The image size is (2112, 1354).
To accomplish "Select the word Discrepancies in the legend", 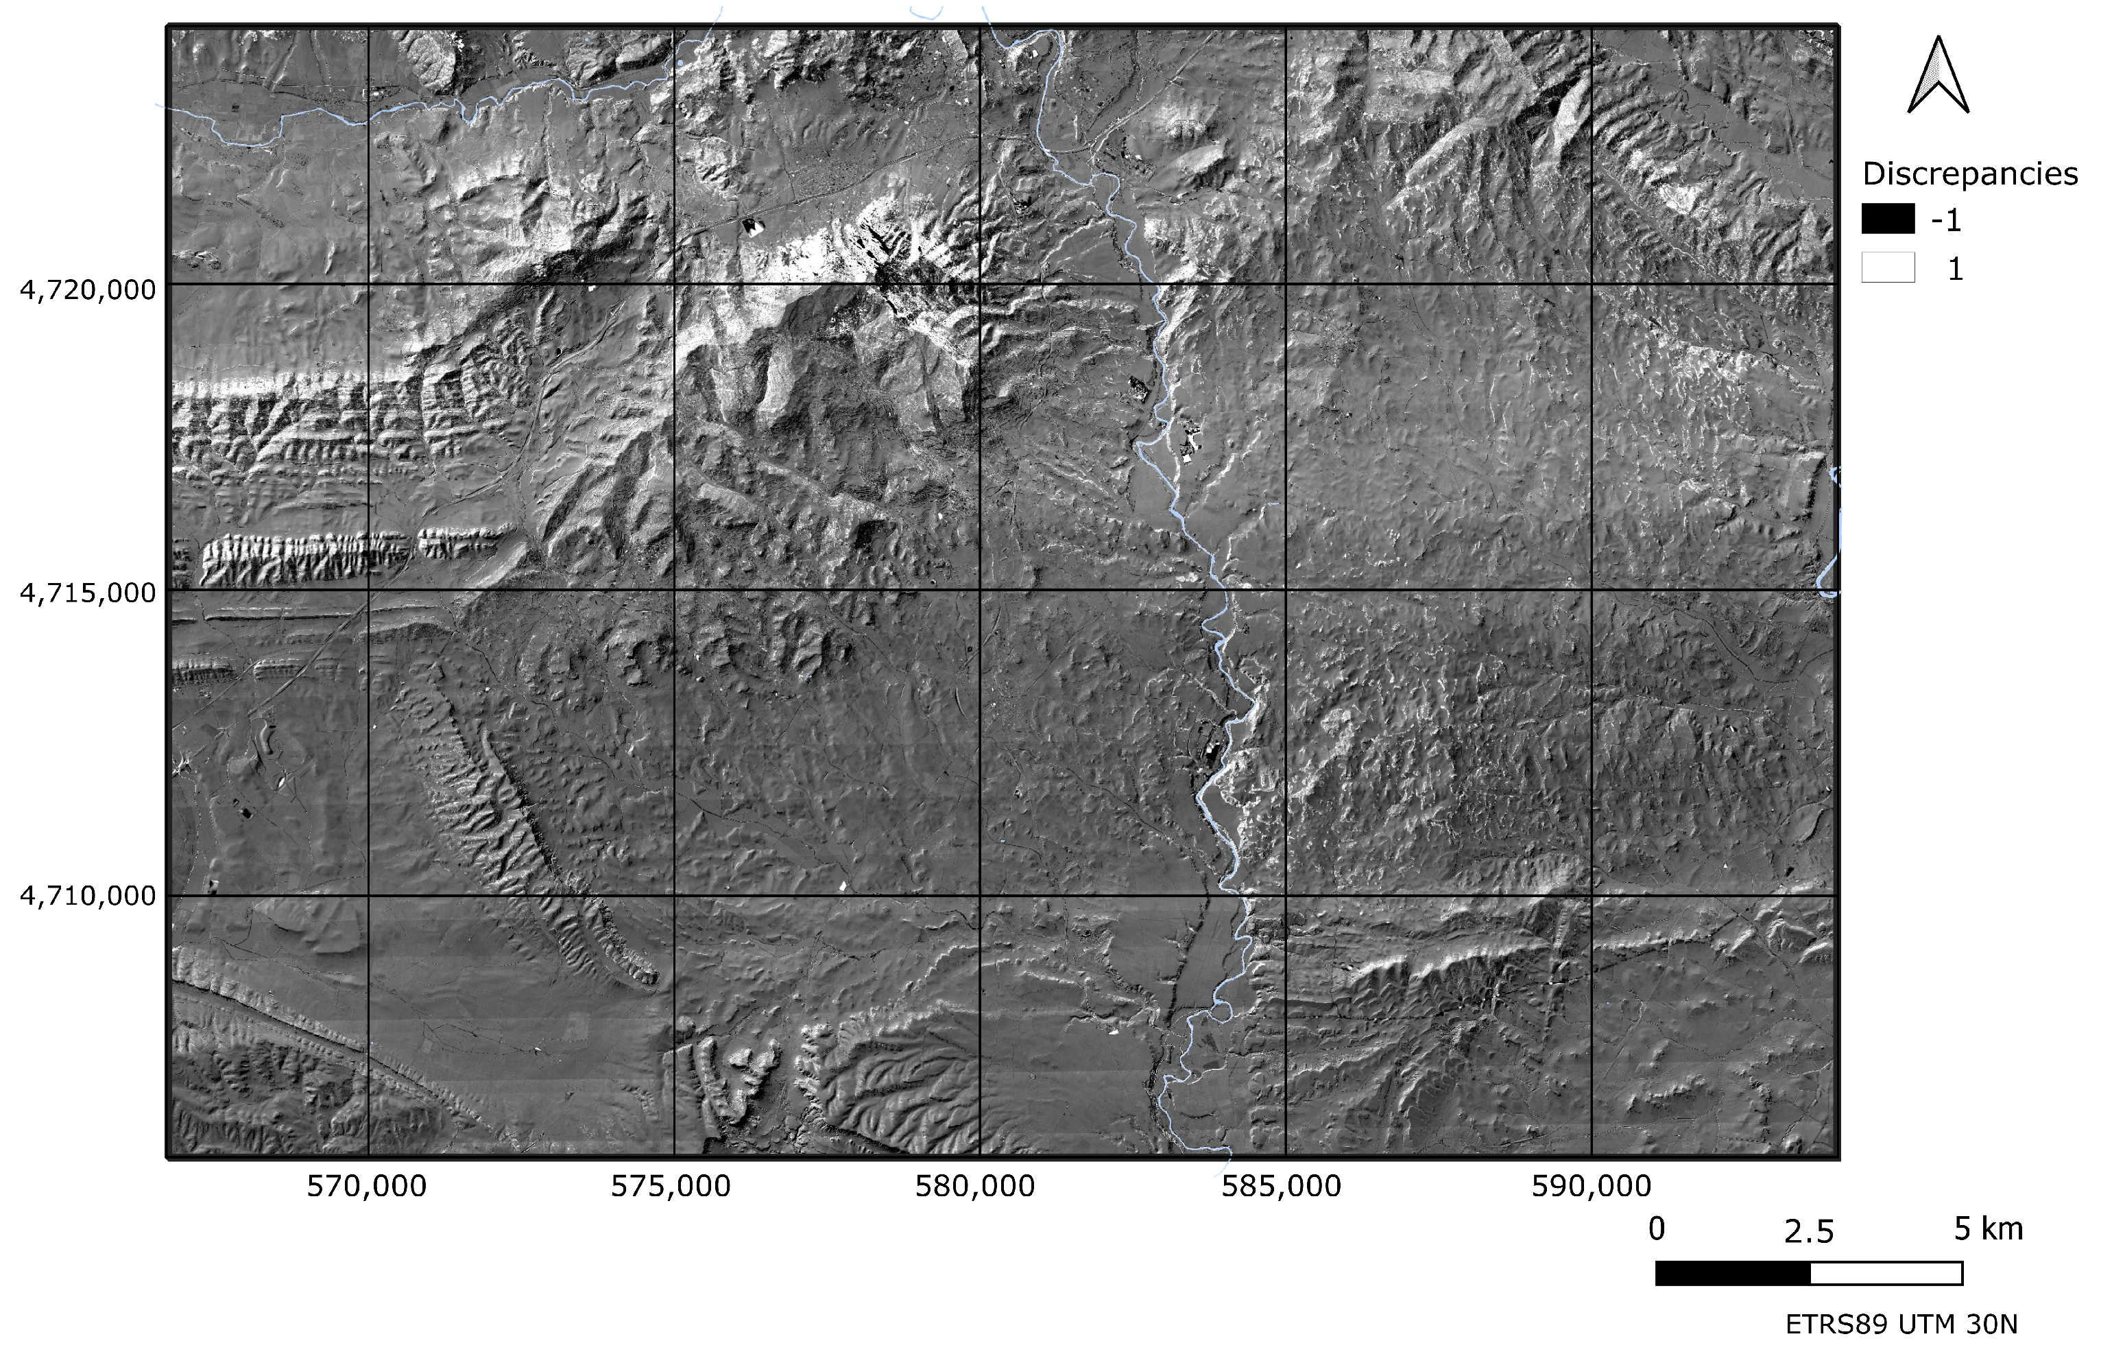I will coord(1969,174).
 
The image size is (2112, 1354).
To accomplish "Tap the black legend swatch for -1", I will coord(1888,219).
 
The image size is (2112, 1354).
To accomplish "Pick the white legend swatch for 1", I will coord(1888,268).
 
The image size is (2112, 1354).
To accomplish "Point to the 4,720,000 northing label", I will coord(88,289).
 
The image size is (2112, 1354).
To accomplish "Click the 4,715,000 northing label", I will coord(88,593).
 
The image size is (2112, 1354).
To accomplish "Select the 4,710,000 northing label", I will coord(88,896).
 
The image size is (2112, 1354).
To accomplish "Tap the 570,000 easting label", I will coord(366,1186).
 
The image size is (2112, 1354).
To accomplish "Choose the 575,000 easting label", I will coord(671,1186).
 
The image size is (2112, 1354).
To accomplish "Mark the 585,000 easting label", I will coord(1282,1186).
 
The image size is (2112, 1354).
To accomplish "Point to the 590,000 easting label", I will coord(1591,1186).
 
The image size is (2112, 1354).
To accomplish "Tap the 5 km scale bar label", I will coord(1988,1229).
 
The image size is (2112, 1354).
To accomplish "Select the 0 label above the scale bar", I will coord(1657,1229).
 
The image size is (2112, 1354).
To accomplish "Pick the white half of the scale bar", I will coord(1886,1273).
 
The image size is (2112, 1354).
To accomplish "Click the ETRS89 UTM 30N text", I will coord(1901,1324).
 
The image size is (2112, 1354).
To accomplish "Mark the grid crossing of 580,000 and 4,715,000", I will coord(980,590).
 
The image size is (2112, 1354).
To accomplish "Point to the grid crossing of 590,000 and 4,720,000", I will coord(1592,284).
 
